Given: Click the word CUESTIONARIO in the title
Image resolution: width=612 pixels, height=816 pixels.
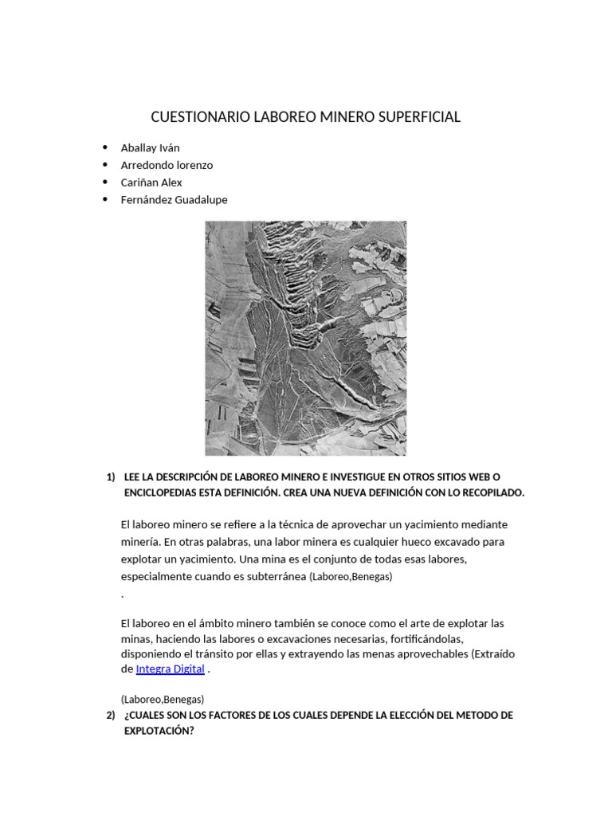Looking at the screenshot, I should point(199,117).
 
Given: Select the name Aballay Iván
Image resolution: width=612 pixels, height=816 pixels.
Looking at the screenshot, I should point(150,147).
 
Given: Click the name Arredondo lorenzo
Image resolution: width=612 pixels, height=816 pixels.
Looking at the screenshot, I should point(167,165).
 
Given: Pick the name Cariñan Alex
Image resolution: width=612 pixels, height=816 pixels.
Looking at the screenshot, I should point(151,182).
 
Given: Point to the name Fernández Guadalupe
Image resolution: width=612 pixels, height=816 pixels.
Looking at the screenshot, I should point(174,200).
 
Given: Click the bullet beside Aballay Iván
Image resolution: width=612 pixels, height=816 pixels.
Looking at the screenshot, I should point(105,147).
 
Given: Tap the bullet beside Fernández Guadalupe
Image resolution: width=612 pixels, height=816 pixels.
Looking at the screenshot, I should point(105,200).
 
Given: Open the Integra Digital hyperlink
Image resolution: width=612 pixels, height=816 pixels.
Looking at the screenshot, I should point(171,669).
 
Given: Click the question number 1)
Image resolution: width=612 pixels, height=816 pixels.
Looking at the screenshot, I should point(111,477).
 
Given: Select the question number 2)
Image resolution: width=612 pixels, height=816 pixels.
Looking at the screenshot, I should point(111,716).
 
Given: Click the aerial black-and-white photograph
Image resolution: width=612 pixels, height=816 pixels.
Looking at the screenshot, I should point(306,338).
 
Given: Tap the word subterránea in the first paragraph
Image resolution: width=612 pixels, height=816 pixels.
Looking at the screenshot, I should point(277,576).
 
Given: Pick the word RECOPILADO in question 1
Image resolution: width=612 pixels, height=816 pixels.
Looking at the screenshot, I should point(492,492).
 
